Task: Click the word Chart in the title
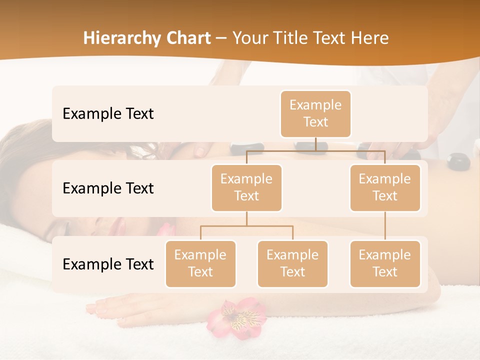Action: (186, 38)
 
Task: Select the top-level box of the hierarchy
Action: (315, 113)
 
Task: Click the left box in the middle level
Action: (246, 187)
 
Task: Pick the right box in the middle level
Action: (385, 187)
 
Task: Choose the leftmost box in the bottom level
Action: (200, 263)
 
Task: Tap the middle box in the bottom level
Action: (292, 263)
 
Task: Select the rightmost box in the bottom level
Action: (385, 263)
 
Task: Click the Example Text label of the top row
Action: (108, 114)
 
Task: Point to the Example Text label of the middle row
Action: (108, 188)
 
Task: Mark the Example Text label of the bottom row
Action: (108, 264)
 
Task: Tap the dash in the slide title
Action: (221, 38)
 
